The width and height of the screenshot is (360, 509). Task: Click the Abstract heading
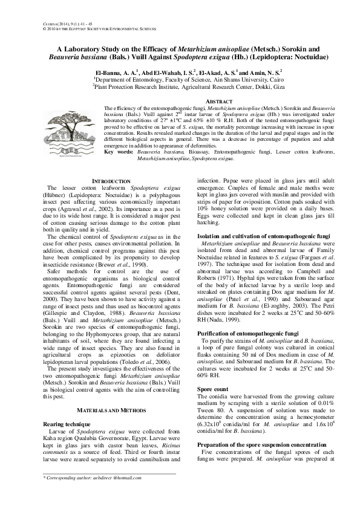(x=219, y=101)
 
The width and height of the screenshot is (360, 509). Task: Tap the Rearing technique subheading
(x=65, y=425)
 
